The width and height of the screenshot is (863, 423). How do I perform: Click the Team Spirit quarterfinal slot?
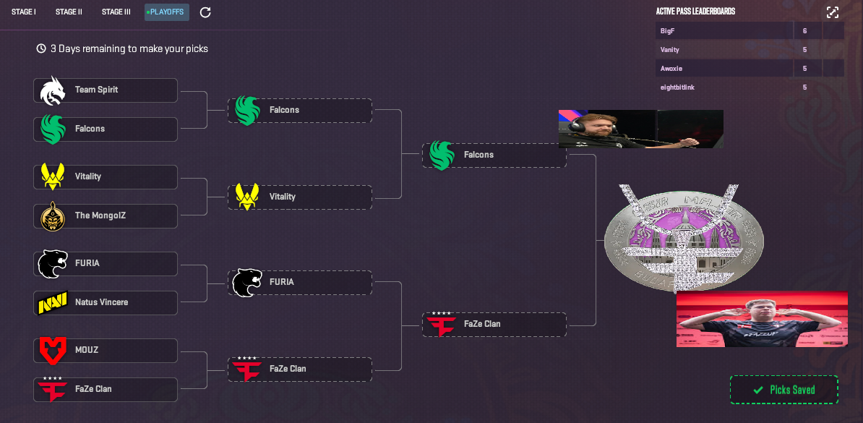106,90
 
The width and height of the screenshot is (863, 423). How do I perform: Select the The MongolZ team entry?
106,216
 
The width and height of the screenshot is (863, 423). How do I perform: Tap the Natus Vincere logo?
52,303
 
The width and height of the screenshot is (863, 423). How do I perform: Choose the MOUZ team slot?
106,351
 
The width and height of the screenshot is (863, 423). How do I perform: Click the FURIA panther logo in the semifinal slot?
246,283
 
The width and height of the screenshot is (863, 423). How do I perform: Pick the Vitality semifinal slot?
300,197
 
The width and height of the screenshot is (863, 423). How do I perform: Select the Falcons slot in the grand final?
494,155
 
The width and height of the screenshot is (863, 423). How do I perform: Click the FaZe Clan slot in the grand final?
494,325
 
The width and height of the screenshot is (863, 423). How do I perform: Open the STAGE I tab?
24,12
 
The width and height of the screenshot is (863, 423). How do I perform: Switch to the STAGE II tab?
69,12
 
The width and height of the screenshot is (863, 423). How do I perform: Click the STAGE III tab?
116,12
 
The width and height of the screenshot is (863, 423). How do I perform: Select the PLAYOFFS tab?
167,12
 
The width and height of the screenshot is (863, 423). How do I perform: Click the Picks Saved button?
784,390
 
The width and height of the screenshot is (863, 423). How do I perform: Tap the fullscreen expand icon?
833,12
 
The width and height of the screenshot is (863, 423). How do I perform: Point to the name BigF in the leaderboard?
667,31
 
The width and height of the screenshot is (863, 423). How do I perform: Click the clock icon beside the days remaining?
41,49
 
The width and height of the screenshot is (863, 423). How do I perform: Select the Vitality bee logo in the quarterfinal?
52,176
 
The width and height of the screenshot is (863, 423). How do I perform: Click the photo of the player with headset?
640,129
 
